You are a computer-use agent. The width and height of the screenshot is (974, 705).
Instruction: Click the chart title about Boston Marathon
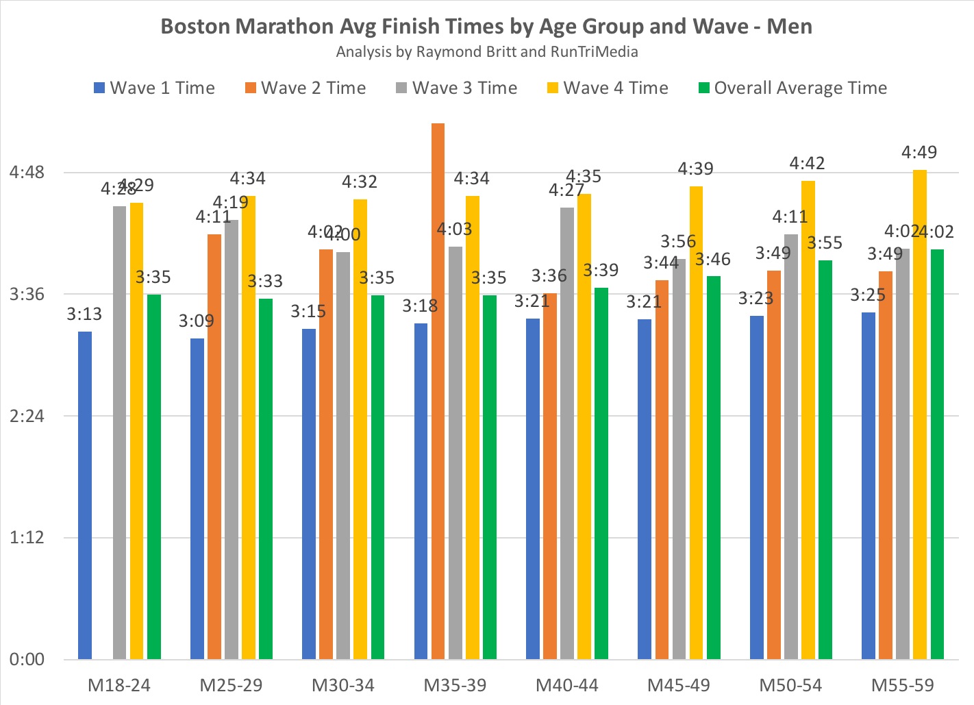486,26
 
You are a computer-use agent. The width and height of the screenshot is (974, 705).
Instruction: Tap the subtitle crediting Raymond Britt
486,52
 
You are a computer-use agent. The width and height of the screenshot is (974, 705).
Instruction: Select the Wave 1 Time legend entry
154,88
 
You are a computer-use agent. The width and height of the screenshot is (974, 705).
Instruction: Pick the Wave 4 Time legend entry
608,88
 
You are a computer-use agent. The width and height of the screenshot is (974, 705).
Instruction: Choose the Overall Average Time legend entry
792,88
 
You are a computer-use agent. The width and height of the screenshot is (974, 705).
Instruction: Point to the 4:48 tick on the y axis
27,172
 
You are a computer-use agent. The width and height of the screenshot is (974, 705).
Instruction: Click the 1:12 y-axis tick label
27,538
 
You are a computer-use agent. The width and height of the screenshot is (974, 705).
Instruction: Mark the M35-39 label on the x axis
455,685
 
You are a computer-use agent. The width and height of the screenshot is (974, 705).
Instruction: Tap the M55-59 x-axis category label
903,685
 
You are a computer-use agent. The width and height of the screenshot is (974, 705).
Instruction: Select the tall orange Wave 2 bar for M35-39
438,391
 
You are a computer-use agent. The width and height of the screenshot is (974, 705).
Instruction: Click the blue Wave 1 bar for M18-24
85,495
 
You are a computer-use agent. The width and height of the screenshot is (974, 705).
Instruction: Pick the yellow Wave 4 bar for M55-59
920,415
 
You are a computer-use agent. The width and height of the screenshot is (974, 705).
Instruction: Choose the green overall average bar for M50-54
825,459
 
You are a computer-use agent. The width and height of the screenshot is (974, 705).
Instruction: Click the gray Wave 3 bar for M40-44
567,433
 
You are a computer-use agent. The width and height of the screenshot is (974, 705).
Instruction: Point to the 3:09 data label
196,321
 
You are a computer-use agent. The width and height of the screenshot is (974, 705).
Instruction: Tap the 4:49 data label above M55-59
919,152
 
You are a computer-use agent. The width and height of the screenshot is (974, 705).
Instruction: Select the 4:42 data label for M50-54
807,163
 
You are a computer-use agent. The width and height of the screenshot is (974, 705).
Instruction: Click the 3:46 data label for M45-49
713,259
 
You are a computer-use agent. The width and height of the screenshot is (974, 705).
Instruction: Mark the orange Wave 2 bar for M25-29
214,447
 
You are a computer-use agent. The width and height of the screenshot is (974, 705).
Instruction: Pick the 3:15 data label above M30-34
308,311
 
